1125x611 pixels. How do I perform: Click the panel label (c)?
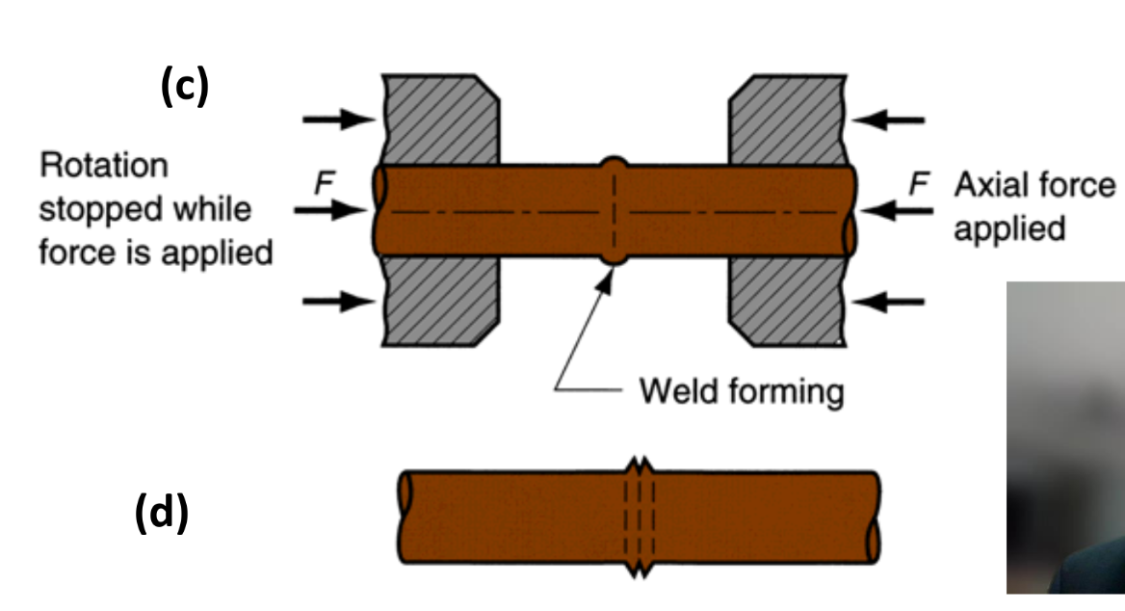[184, 88]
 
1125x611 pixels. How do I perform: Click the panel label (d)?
[161, 514]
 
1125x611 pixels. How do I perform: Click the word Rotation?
[103, 166]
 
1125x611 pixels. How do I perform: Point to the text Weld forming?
[742, 391]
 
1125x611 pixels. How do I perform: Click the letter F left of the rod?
[324, 184]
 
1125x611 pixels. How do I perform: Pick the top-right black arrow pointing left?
[888, 120]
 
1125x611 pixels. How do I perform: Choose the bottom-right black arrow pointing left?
[888, 302]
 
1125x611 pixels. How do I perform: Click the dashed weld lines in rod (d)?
[640, 518]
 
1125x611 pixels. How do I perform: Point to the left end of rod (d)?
[406, 518]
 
